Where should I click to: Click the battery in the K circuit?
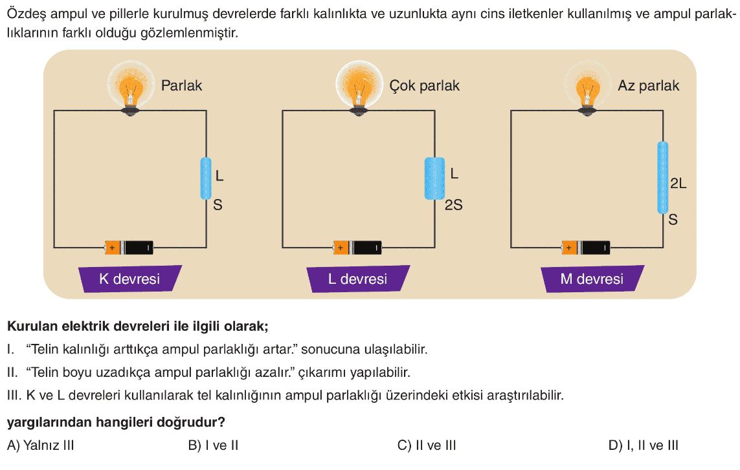pos(129,248)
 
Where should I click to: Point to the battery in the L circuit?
pos(357,248)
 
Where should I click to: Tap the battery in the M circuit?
pos(586,248)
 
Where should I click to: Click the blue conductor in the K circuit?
pos(206,178)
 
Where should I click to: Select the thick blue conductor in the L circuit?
pos(434,178)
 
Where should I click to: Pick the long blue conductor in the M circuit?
pos(662,178)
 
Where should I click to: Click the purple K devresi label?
pos(129,279)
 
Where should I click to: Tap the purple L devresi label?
pos(358,279)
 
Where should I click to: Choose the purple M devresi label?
pos(592,279)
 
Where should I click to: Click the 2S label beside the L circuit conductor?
pos(454,204)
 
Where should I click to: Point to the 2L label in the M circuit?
pos(678,184)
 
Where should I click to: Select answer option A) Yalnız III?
pos(41,445)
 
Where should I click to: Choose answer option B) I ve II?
pos(213,445)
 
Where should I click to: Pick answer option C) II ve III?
pos(427,445)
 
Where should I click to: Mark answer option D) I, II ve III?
pos(644,445)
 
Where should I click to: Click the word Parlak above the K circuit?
pos(182,85)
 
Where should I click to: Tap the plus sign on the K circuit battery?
pos(112,248)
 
